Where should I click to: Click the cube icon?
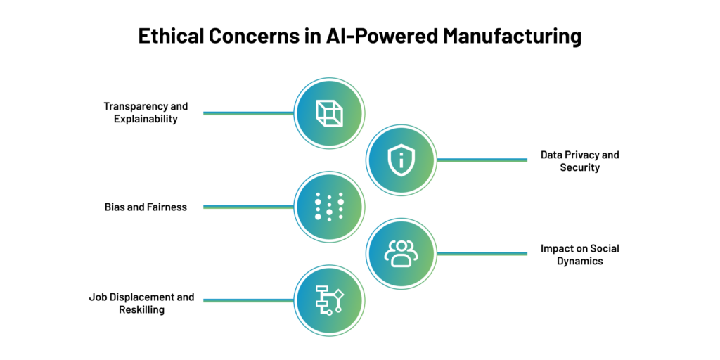tap(329, 113)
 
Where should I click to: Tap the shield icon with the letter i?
tap(401, 160)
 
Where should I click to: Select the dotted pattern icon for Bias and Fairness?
tap(329, 207)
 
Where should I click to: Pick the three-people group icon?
tap(401, 253)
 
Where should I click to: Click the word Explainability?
tap(146, 120)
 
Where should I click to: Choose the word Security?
tap(579, 168)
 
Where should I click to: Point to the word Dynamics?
tap(579, 262)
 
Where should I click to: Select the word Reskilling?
tap(141, 310)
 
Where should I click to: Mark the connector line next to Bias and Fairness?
tap(248, 207)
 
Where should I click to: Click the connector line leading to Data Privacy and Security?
tap(482, 160)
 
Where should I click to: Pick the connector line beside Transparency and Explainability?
tap(248, 113)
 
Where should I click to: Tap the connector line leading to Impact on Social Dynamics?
tap(482, 253)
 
